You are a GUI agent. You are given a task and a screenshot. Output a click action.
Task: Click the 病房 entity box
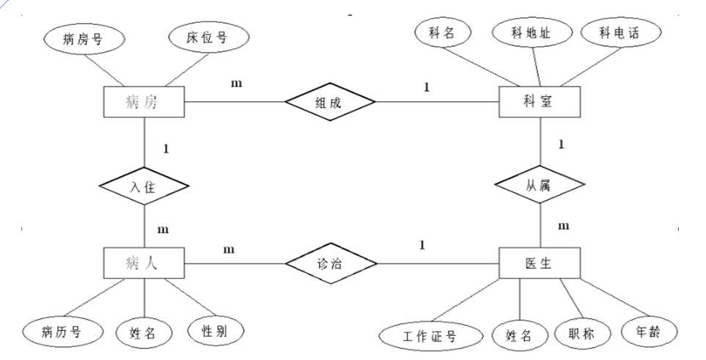click(144, 102)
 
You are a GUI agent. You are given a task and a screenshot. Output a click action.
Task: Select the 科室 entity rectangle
click(540, 102)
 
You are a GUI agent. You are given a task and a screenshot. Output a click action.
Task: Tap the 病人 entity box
click(144, 262)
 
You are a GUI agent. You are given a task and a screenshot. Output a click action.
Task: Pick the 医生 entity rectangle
click(540, 262)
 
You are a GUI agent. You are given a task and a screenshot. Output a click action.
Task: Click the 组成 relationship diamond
click(330, 102)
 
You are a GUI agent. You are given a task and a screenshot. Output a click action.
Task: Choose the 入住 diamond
click(144, 185)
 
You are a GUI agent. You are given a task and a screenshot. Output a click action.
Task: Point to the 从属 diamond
click(540, 184)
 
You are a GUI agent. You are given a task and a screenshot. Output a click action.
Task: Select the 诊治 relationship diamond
click(331, 263)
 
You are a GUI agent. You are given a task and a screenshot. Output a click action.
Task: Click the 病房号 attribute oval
click(84, 39)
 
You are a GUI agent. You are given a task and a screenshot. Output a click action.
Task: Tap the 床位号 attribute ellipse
click(209, 37)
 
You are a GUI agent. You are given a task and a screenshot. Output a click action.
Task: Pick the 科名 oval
click(443, 32)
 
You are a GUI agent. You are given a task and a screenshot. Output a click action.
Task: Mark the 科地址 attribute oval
click(532, 32)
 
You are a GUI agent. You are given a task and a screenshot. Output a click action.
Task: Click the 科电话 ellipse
click(621, 32)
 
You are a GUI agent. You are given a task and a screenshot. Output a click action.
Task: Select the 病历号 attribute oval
click(63, 333)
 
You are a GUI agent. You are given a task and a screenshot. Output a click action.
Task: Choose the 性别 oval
click(216, 331)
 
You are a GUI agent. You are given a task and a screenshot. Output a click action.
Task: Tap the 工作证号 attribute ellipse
click(431, 336)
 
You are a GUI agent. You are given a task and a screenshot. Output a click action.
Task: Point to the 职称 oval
click(583, 334)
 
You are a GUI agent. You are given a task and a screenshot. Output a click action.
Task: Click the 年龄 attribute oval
click(650, 332)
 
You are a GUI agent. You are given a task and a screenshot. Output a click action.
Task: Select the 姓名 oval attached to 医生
click(521, 336)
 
